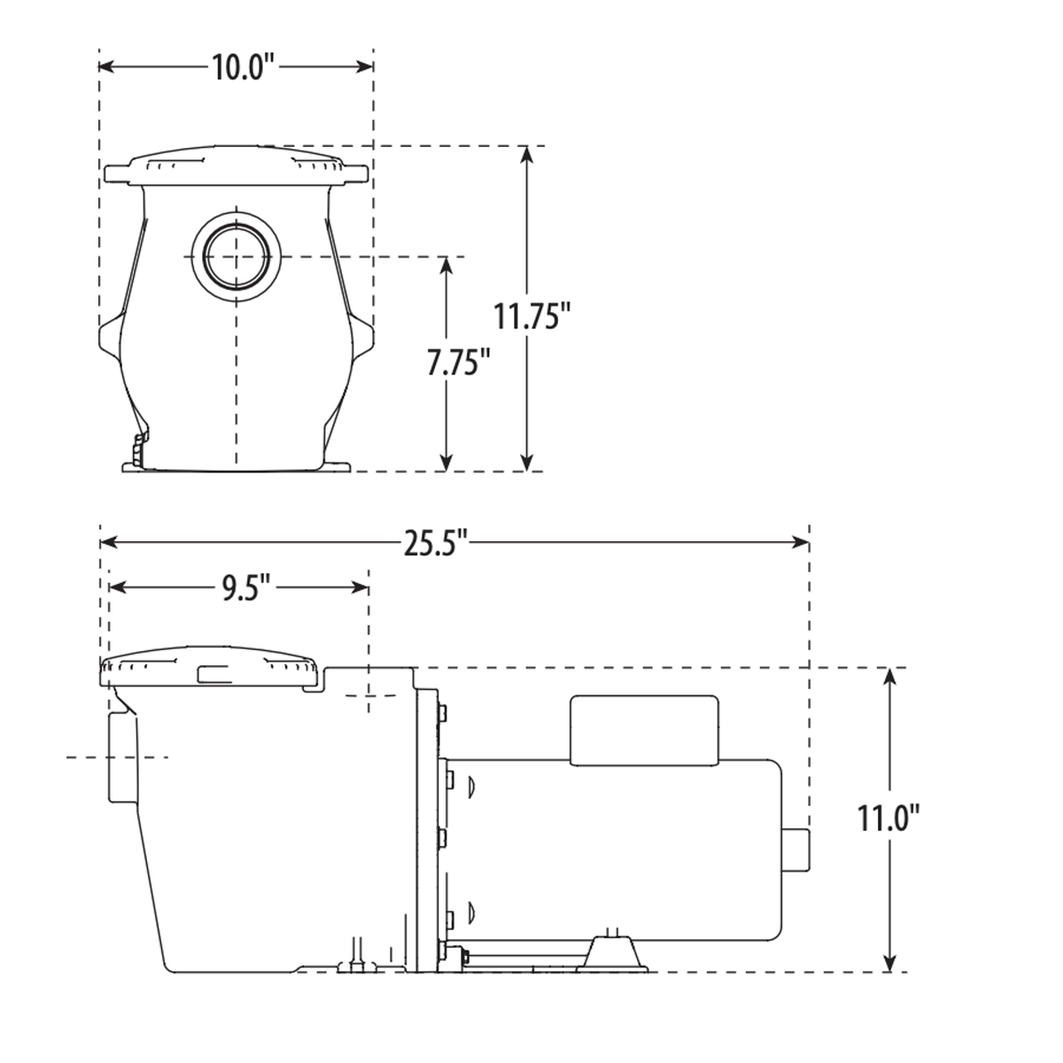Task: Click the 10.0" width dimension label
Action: [238, 67]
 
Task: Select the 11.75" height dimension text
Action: [528, 316]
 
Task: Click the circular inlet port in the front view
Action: [236, 257]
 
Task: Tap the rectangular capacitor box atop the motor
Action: [644, 729]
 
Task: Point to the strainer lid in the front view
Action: [235, 167]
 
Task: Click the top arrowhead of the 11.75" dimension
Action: [528, 155]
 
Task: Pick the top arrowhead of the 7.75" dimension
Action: [446, 266]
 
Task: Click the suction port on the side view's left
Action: [122, 757]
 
